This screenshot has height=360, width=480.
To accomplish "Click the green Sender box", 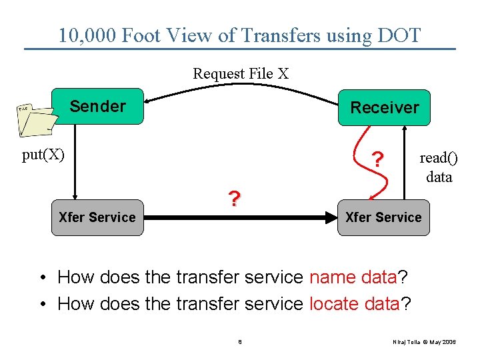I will click(x=98, y=107).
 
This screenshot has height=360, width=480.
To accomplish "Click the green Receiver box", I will click(x=384, y=107).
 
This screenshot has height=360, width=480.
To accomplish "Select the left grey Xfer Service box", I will click(x=97, y=217).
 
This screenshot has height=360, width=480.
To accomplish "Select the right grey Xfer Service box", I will click(x=383, y=217).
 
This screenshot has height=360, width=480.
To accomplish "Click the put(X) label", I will click(x=43, y=155).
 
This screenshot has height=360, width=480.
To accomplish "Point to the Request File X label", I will click(x=241, y=73).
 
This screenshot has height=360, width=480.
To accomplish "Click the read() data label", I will click(x=439, y=167).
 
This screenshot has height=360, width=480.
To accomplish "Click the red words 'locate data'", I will click(x=353, y=304).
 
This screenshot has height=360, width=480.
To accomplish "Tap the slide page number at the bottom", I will click(x=239, y=342).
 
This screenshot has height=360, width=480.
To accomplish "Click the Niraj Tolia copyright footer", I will click(x=425, y=342).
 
